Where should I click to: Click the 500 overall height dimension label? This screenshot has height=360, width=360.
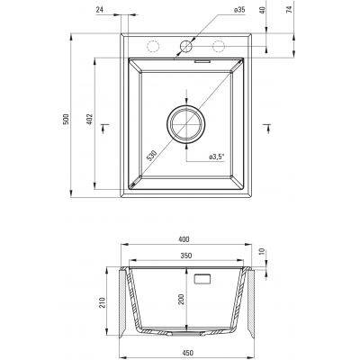[x=67, y=119]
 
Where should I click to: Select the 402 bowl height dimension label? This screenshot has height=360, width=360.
[x=90, y=119]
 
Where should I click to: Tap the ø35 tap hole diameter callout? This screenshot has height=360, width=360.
[x=239, y=10]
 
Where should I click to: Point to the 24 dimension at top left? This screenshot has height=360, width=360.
[x=100, y=10]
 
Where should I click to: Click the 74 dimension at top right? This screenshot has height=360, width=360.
[x=289, y=10]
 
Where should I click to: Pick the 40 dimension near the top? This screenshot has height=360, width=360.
[x=262, y=10]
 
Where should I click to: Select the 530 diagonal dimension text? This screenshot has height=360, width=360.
[x=152, y=156]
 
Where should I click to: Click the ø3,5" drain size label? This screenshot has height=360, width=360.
[x=217, y=157]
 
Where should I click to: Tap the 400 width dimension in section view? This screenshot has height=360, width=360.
[x=184, y=239]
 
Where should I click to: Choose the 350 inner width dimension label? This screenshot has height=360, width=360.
[x=186, y=256]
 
